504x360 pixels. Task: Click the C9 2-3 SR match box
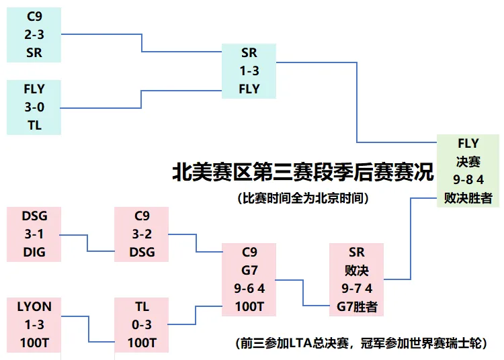click(34, 35)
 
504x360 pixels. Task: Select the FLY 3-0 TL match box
click(34, 107)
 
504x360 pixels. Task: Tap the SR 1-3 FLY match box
click(249, 71)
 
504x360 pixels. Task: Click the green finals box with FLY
click(468, 171)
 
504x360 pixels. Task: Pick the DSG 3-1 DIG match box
click(34, 234)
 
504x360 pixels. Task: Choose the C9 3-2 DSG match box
click(141, 234)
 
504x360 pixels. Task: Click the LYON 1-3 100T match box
click(34, 324)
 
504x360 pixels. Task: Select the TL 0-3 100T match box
click(141, 324)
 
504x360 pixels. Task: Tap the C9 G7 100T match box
click(249, 279)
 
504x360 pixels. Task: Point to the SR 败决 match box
click(356, 279)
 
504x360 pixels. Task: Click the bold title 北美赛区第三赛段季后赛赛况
click(303, 172)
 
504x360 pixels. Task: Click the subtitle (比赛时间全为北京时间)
click(303, 198)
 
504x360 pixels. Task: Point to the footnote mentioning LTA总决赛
click(362, 343)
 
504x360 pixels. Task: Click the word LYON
click(34, 307)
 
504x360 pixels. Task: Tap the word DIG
click(34, 253)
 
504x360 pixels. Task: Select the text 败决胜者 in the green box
click(468, 198)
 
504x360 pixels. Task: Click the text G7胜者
click(357, 307)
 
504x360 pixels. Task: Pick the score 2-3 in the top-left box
click(34, 34)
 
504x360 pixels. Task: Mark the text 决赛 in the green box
click(468, 162)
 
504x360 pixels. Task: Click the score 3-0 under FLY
click(34, 107)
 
